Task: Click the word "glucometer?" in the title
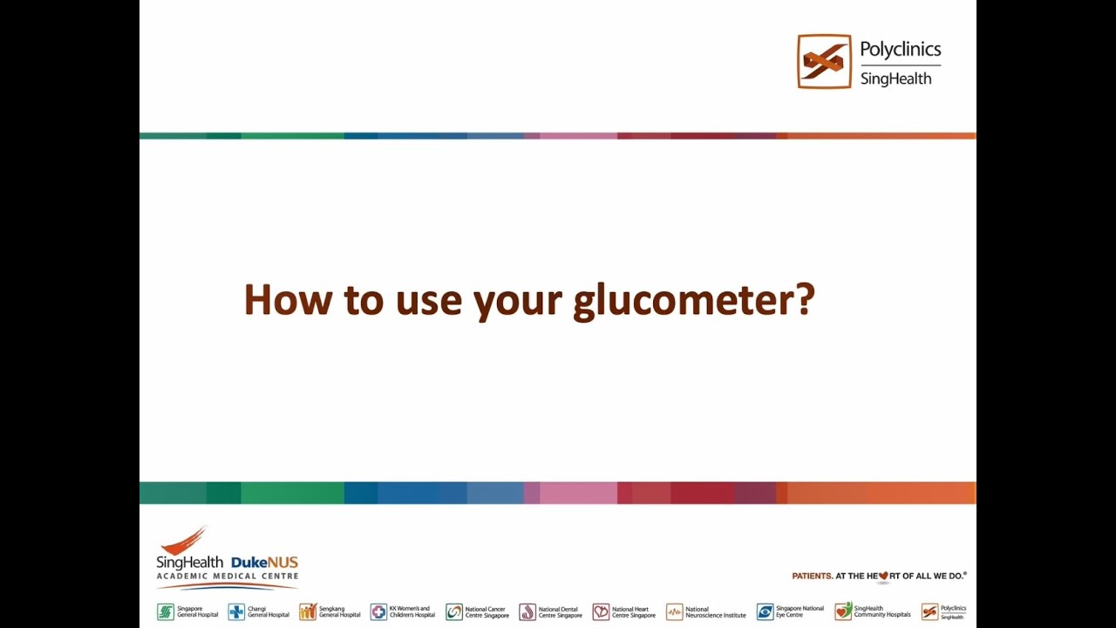point(693,301)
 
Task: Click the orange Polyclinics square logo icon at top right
point(824,61)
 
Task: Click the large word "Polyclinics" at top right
point(900,49)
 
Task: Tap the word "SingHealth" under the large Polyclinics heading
point(895,78)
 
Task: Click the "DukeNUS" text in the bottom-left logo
point(264,563)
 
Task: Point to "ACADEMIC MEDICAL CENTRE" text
point(227,577)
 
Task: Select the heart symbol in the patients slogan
point(883,576)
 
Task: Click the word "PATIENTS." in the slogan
point(812,576)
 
